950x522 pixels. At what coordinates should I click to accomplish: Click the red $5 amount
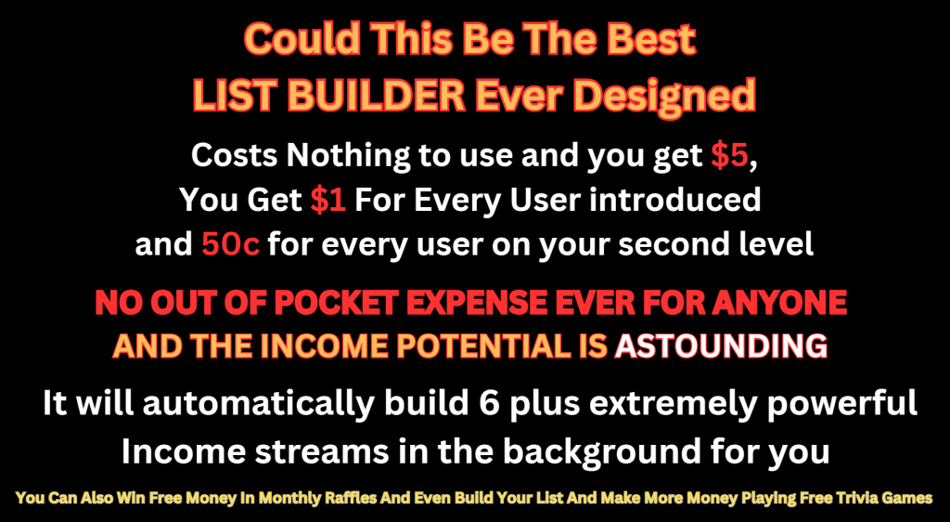730,155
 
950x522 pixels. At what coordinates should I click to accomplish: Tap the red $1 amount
327,200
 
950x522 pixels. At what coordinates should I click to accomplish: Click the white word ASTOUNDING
721,346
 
